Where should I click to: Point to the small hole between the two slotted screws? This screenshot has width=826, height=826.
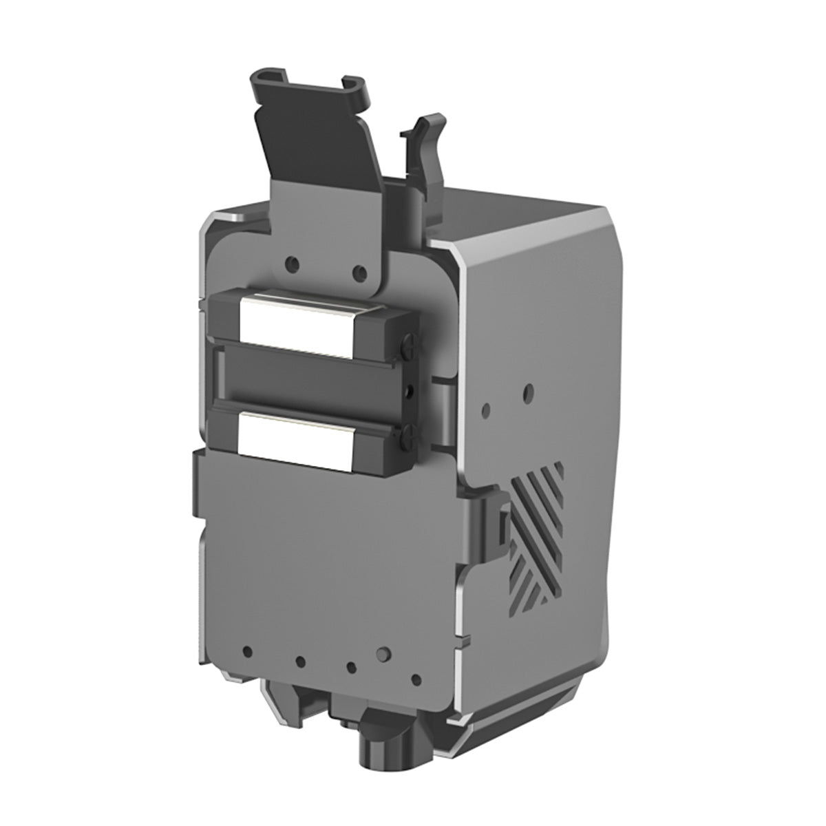click(x=411, y=391)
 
